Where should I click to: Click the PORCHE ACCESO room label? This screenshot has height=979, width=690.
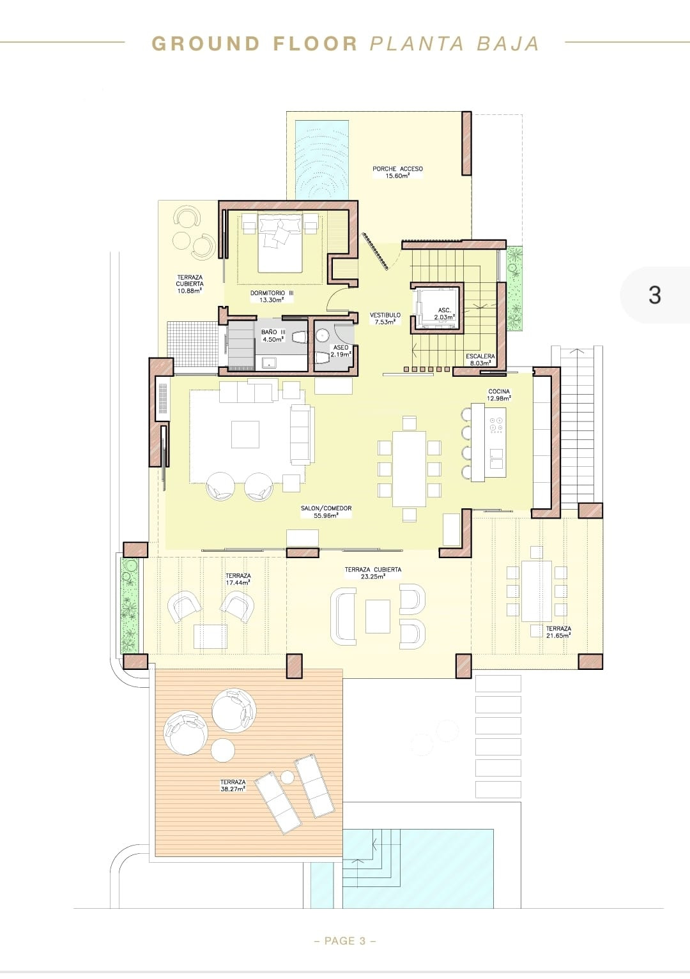[x=397, y=172]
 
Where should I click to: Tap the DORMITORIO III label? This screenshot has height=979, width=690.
[x=272, y=296]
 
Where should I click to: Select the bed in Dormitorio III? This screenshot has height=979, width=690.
[x=280, y=243]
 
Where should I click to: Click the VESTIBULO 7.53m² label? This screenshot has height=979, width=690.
[x=385, y=318]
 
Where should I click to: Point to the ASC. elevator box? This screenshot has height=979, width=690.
[x=438, y=308]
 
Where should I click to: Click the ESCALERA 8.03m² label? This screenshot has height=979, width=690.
[x=480, y=360]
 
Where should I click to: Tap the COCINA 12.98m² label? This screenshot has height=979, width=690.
[x=499, y=395]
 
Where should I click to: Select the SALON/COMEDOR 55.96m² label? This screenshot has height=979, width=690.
[x=326, y=512]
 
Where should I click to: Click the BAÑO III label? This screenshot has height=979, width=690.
[x=273, y=335]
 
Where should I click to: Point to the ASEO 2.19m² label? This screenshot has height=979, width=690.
[x=341, y=351]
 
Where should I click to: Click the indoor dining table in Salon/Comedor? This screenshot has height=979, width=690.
[x=409, y=468]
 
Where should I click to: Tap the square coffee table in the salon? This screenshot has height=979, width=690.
[x=245, y=434]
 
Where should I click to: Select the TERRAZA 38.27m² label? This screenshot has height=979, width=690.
[x=233, y=785]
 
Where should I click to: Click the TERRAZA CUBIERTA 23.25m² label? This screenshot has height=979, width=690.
[x=372, y=572]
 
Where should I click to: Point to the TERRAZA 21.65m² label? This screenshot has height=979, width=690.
[x=558, y=632]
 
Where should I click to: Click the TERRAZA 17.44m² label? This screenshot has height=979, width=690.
[x=238, y=579]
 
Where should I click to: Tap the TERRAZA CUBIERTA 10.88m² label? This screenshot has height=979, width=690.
[x=190, y=284]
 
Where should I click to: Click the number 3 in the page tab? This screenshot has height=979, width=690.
[x=654, y=295]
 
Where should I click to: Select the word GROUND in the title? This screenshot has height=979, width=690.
[x=205, y=43]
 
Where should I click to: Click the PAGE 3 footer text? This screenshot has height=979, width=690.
[x=345, y=941]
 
